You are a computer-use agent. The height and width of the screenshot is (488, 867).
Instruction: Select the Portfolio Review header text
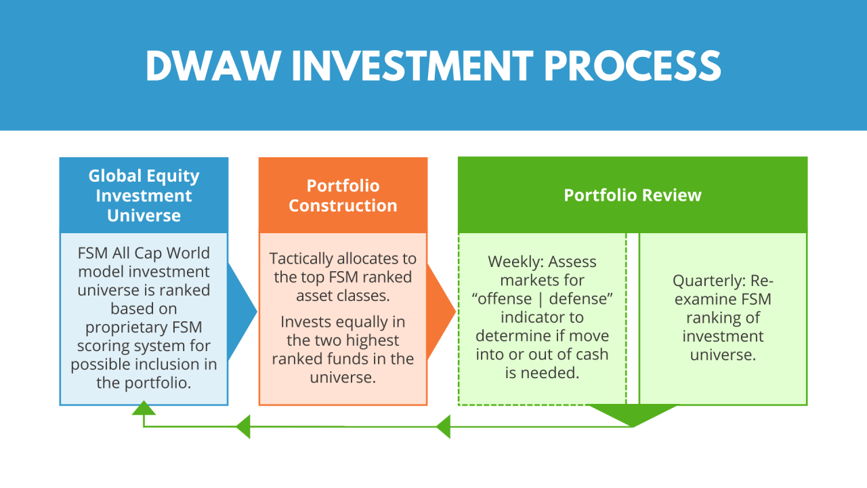(x=633, y=195)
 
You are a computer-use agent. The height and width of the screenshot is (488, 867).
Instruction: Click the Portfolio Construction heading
(x=343, y=195)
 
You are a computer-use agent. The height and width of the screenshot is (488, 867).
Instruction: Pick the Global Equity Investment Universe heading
(x=144, y=195)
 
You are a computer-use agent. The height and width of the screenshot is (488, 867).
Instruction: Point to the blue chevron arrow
(x=242, y=312)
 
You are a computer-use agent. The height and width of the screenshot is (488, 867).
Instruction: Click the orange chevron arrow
(x=442, y=312)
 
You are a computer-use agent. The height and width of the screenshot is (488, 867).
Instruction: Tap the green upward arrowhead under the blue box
(x=144, y=408)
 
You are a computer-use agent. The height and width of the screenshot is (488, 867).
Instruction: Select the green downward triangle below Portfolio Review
(x=632, y=414)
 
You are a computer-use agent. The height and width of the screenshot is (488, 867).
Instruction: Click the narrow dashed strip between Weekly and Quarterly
(x=633, y=319)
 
